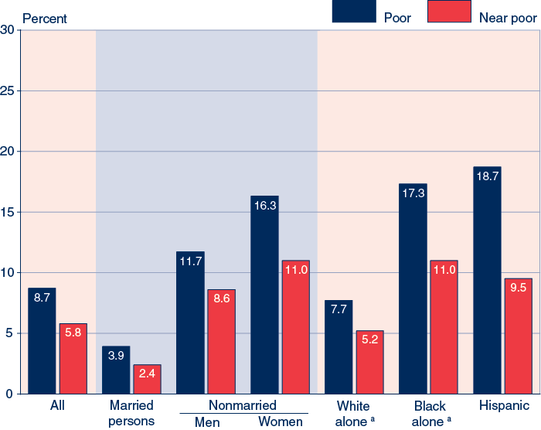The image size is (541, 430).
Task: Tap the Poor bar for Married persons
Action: (116, 370)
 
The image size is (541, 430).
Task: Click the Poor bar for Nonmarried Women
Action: (264, 295)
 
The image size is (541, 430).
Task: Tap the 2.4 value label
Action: (147, 374)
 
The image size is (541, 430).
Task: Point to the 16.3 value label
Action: (264, 206)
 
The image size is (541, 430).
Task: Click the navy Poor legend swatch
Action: (354, 11)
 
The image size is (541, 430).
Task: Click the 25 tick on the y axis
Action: (9, 91)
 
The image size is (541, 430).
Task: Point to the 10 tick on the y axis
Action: (9, 273)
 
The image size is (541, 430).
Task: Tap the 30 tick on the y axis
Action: (9, 30)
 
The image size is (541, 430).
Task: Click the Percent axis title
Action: (45, 18)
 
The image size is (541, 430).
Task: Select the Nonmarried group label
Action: (243, 405)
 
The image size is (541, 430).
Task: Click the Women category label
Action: (281, 422)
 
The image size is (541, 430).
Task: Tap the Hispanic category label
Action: (504, 405)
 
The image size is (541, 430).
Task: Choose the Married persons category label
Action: (131, 414)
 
